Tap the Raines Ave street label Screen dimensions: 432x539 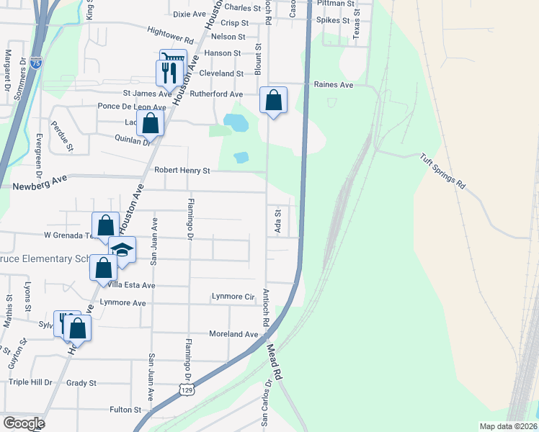(x=334, y=84)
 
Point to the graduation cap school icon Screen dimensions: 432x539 (x=122, y=250)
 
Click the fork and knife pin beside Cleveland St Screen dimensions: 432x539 (x=166, y=72)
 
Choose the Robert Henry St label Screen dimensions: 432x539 (x=182, y=171)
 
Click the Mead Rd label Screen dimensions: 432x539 (x=272, y=361)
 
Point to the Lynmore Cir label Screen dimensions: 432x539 (x=233, y=297)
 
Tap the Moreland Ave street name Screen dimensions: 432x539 (x=233, y=334)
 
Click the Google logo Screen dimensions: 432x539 (x=24, y=423)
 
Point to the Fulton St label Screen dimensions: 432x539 (x=125, y=410)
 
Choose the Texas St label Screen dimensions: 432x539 (x=356, y=29)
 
